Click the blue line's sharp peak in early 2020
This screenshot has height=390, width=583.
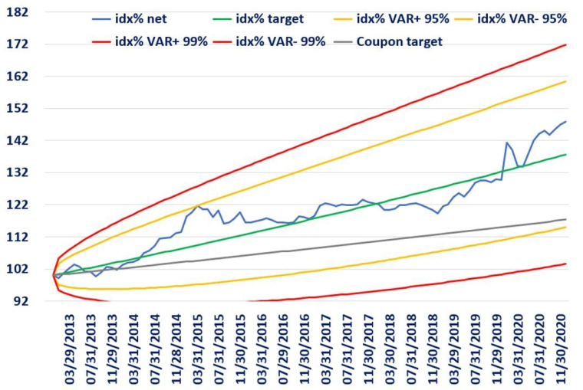pos(507,143)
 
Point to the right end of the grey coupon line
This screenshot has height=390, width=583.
pos(566,219)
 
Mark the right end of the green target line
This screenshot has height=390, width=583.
pos(566,154)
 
